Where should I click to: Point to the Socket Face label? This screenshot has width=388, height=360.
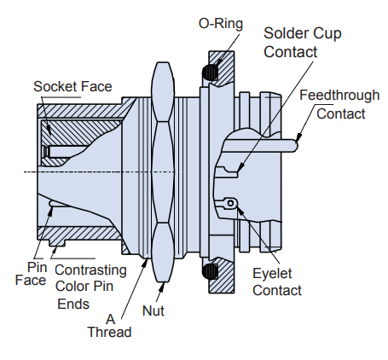click(x=72, y=86)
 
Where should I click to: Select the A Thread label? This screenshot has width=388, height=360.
click(x=109, y=322)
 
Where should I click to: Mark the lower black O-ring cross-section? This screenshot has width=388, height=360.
click(x=208, y=272)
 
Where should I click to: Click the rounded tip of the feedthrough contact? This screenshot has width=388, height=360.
click(x=295, y=146)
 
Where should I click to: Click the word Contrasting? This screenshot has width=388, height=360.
click(x=90, y=270)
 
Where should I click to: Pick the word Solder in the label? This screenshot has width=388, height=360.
click(x=285, y=33)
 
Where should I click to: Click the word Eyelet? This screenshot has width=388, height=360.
click(x=273, y=273)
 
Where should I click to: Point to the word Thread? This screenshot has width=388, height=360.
click(x=109, y=331)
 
